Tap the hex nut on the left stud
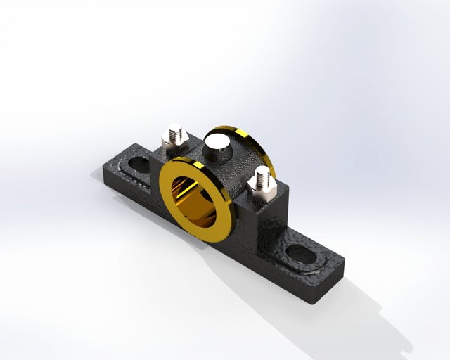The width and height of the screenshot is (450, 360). coord(172,144)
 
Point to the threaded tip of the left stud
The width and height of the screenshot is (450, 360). coord(174,129)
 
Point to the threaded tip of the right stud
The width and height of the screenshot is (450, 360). coord(262,172)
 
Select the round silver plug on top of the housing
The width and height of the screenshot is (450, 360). coord(217,146)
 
